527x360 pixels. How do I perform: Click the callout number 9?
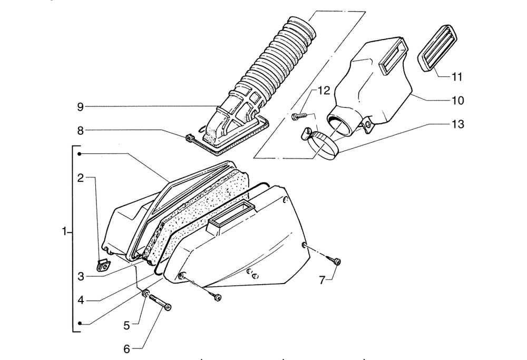click(x=80, y=107)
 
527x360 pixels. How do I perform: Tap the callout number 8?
click(x=80, y=130)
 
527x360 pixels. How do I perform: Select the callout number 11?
click(x=457, y=77)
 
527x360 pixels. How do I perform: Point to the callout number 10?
click(x=458, y=101)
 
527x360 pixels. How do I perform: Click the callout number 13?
click(x=458, y=124)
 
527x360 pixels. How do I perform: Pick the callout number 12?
click(x=324, y=91)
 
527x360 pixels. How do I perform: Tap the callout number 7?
click(x=322, y=280)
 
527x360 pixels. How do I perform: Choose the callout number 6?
click(x=126, y=349)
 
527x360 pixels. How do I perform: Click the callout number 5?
click(x=126, y=325)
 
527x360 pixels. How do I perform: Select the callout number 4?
click(x=81, y=300)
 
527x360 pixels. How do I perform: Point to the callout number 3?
click(x=81, y=277)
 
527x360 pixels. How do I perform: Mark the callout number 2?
click(x=80, y=178)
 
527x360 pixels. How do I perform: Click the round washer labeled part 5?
click(x=146, y=294)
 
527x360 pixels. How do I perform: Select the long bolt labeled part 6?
click(x=160, y=302)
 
